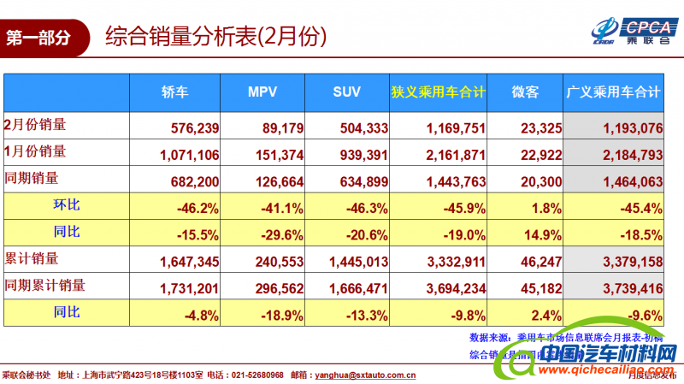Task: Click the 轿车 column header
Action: [175, 92]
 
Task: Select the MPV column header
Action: [263, 92]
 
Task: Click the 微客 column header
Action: [525, 92]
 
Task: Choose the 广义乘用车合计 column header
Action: [614, 92]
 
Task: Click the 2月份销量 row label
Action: [36, 125]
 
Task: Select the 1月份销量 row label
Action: [36, 152]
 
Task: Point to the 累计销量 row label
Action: [36, 257]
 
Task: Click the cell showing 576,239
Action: [196, 129]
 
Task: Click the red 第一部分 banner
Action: [43, 38]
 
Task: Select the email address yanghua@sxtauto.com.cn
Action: [365, 375]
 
